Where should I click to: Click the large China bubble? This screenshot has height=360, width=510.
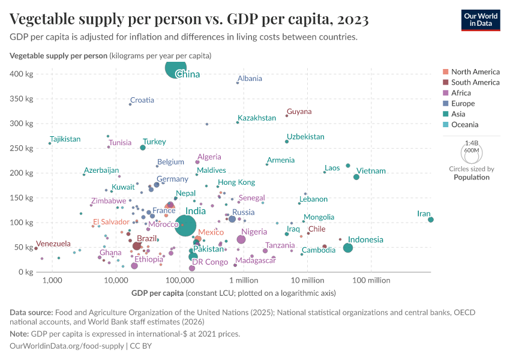click(176, 68)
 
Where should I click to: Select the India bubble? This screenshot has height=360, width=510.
click(185, 226)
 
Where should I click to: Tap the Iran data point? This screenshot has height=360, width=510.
click(431, 220)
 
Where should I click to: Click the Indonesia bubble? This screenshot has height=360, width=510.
click(348, 248)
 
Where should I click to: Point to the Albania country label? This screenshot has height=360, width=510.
click(250, 79)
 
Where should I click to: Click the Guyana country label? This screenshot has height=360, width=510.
click(299, 112)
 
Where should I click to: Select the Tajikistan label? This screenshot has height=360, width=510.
click(65, 139)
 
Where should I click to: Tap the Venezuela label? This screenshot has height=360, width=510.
click(53, 244)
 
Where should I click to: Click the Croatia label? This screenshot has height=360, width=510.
click(142, 100)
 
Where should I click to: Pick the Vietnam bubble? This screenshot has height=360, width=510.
click(356, 177)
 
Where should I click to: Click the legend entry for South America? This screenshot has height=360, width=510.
click(475, 82)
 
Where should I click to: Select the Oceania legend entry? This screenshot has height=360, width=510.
click(464, 125)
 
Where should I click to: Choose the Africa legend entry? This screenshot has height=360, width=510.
click(461, 93)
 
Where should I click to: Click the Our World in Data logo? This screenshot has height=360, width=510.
click(481, 19)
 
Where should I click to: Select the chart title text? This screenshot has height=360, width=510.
click(189, 19)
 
